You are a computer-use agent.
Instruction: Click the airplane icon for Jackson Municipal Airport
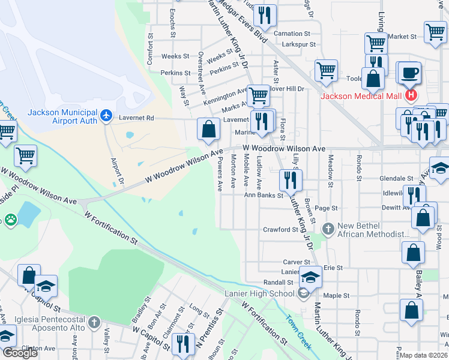[106, 115]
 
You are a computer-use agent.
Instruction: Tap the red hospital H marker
[411, 95]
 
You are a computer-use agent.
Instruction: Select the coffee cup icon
[410, 73]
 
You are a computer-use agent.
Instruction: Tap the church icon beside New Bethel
[328, 228]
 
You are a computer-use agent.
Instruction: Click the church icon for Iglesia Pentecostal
[94, 323]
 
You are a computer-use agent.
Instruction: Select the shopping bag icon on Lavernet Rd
[208, 130]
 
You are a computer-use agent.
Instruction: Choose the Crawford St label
[280, 230]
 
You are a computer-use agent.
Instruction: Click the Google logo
[20, 353]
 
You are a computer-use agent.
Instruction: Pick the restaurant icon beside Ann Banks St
[291, 180]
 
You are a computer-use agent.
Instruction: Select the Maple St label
[336, 296]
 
